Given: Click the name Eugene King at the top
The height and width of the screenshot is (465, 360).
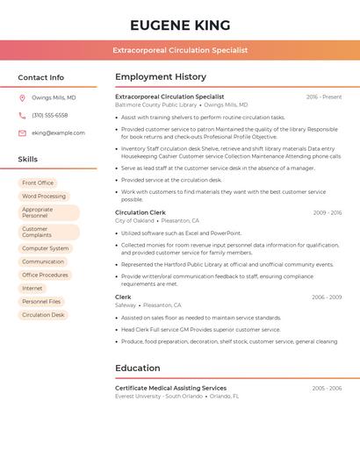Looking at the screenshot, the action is (180, 25).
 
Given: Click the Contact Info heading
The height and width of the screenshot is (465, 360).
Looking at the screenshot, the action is (41, 77).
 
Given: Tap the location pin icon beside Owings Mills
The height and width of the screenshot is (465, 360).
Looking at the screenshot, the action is (22, 98).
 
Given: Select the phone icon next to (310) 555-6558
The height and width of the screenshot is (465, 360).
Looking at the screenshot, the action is (22, 116).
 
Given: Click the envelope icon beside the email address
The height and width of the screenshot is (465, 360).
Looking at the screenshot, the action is (22, 133).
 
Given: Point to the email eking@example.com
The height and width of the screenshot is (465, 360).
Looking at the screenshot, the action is (58, 133).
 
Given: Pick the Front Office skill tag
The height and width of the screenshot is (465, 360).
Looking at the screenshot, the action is (38, 183).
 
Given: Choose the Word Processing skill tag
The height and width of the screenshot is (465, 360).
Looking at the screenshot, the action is (44, 197).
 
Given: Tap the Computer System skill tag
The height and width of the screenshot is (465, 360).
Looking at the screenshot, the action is (46, 248).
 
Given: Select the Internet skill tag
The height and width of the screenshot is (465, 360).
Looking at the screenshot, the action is (32, 288).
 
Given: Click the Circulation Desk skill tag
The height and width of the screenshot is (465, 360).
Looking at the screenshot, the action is (43, 314).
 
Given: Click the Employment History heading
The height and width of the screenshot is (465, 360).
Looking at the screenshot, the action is (161, 77).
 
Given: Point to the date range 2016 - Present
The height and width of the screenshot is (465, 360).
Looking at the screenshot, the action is (324, 97).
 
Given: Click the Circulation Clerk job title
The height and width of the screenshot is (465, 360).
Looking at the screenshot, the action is (140, 212).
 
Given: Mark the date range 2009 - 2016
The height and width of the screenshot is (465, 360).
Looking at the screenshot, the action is (327, 212).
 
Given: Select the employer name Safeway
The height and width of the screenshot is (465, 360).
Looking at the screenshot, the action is (126, 305).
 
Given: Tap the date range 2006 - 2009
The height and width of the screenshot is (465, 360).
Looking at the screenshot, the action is (327, 297).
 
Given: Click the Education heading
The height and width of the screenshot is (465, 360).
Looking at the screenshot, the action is (138, 368).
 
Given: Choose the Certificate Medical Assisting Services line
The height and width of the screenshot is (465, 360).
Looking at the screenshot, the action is (170, 388).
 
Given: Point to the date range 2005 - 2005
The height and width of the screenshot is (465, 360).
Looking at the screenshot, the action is (327, 388).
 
